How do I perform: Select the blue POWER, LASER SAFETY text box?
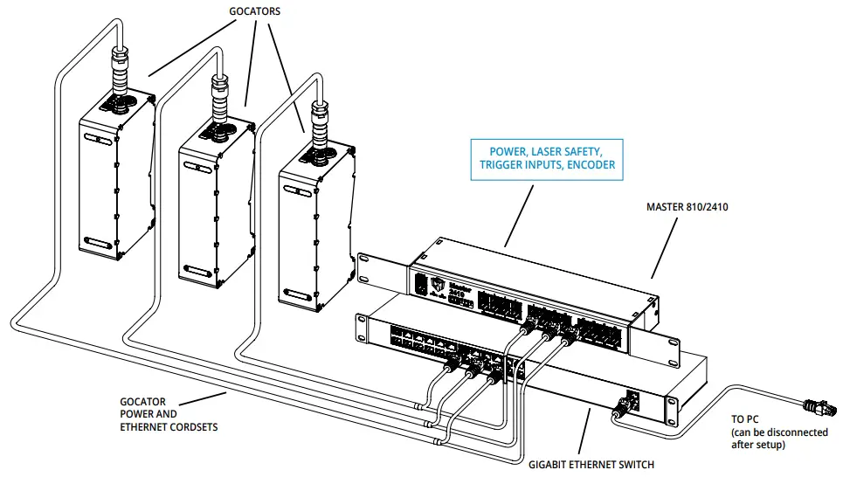pyautogui.click(x=546, y=157)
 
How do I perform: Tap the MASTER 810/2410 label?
pyautogui.click(x=687, y=207)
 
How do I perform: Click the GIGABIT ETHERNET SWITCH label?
pyautogui.click(x=591, y=465)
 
